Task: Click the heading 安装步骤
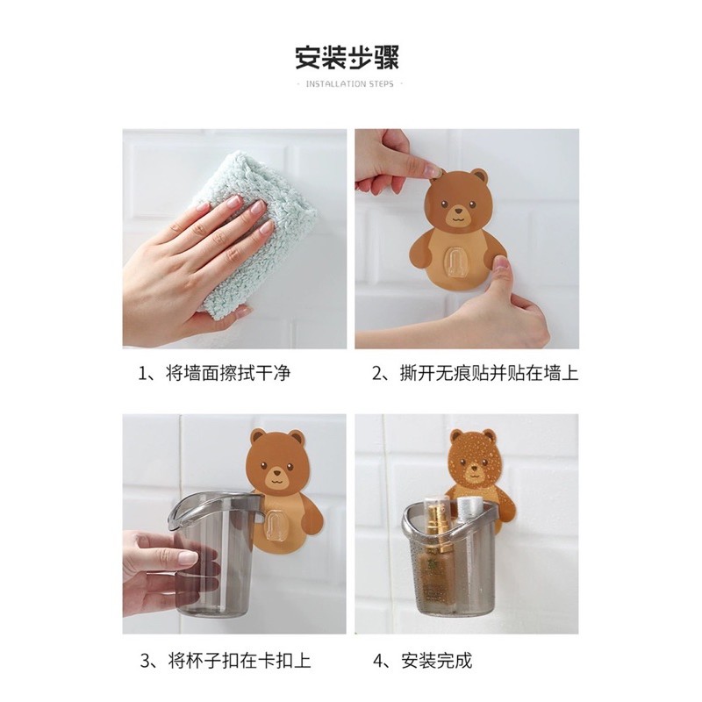347,57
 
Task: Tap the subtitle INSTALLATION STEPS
349,83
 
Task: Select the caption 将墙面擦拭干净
228,373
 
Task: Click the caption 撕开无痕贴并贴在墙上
489,373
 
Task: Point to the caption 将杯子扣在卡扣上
240,660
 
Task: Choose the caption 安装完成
437,660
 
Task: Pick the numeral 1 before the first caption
142,374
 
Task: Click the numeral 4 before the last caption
377,661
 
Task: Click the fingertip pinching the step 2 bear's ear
433,170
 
